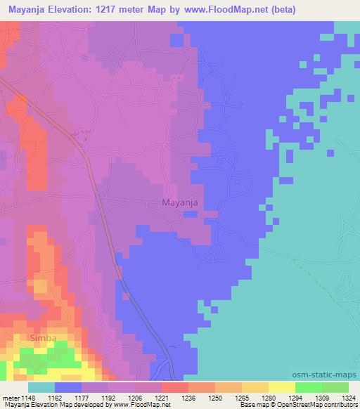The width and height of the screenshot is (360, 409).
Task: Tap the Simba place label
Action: point(43,339)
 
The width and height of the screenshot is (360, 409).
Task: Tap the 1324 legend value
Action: point(347,397)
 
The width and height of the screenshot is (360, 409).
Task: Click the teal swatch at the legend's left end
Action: point(41,387)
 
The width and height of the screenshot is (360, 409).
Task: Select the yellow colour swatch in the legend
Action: point(281,387)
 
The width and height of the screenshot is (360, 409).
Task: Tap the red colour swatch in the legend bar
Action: point(175,387)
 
